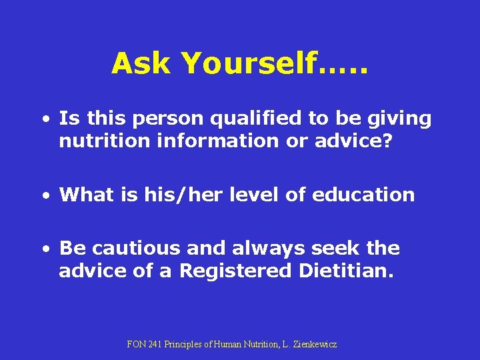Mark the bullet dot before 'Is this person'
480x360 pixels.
coord(44,121)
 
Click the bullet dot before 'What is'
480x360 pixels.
coord(44,196)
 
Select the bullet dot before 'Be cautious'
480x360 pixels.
coord(44,250)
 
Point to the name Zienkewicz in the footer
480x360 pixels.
coord(313,345)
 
